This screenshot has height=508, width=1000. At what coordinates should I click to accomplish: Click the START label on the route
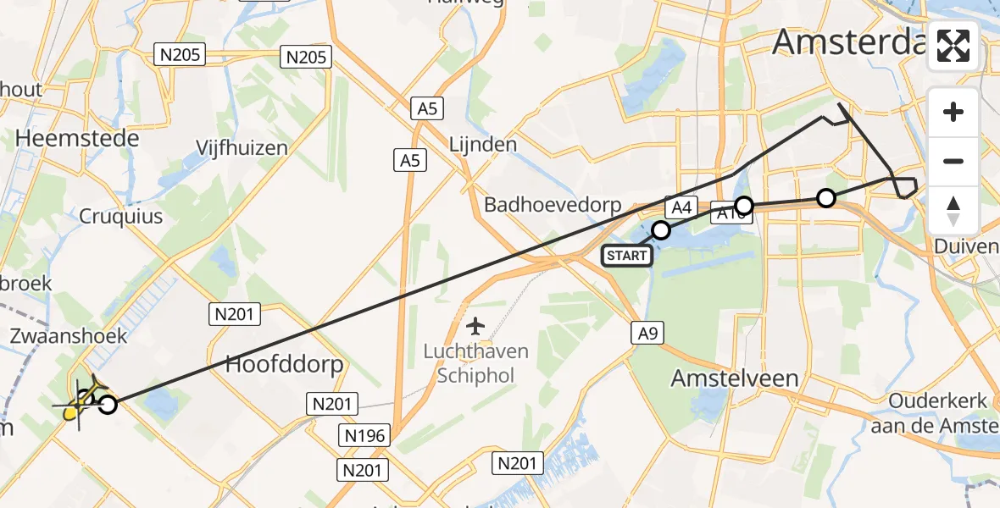click(x=627, y=256)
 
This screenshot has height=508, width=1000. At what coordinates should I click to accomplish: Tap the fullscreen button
click(x=953, y=46)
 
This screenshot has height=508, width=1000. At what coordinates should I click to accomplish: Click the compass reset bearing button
click(x=953, y=210)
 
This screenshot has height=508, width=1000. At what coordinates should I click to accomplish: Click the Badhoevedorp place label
click(x=553, y=206)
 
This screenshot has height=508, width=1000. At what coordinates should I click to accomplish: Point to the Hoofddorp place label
click(x=284, y=365)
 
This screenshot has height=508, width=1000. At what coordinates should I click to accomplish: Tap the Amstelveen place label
click(x=735, y=378)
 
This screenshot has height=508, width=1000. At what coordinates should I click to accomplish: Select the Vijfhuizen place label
click(x=242, y=148)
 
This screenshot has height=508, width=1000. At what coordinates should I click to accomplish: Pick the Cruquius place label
click(x=120, y=217)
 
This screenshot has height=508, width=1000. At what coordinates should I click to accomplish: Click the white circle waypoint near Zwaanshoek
click(x=108, y=405)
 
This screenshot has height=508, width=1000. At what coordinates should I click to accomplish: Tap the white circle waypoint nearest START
click(x=661, y=229)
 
